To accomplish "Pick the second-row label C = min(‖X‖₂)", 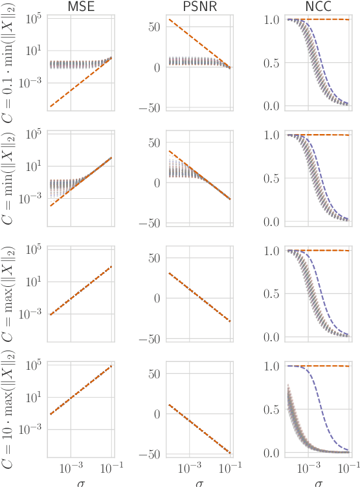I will click(11, 177).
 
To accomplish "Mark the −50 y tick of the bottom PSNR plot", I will click(153, 454).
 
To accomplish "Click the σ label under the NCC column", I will click(318, 482).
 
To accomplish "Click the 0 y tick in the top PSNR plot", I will click(158, 67).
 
